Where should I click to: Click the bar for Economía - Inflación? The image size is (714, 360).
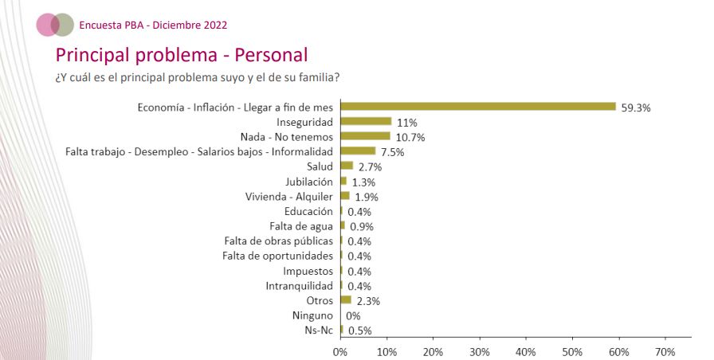(478, 107)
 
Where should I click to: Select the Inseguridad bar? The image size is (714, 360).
(366, 122)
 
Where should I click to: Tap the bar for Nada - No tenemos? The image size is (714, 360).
(365, 136)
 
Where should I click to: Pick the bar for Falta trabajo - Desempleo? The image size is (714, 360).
(358, 151)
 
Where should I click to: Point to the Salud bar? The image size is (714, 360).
(347, 166)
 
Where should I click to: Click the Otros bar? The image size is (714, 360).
(346, 300)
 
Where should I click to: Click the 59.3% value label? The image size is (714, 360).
(635, 108)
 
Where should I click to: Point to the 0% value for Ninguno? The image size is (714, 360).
(353, 315)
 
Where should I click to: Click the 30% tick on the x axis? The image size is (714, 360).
(479, 351)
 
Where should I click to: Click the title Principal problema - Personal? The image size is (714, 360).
(181, 55)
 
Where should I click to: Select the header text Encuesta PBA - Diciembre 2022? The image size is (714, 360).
(153, 25)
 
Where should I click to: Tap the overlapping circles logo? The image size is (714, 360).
(56, 25)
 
